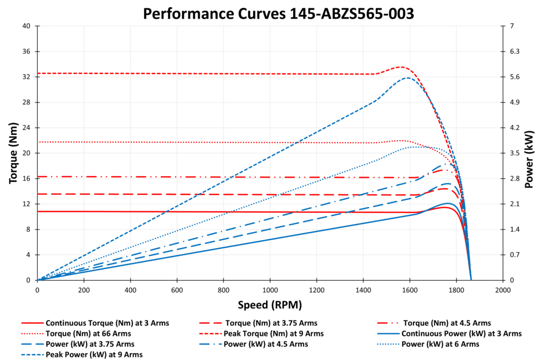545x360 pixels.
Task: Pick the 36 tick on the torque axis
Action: click(x=26, y=52)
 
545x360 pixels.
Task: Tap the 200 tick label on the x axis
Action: click(x=84, y=290)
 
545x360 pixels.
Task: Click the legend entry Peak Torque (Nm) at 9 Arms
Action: click(x=274, y=333)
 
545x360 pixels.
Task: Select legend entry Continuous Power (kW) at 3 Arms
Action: click(x=461, y=333)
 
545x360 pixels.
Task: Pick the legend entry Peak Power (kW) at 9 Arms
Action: click(x=94, y=354)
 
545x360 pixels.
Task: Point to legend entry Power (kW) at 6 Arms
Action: click(x=440, y=344)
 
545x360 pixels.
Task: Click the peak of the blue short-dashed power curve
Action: click(x=408, y=78)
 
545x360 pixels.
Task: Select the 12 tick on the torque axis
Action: click(x=26, y=204)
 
